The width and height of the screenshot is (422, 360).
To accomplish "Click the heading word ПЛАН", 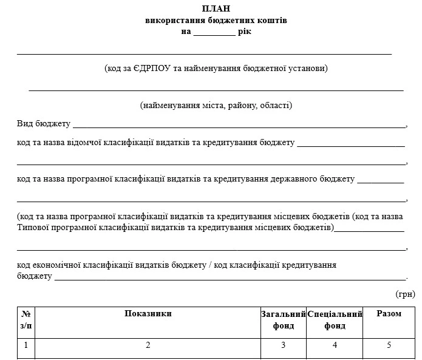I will (x=216, y=8).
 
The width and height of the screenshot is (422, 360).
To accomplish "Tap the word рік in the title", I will (x=245, y=32).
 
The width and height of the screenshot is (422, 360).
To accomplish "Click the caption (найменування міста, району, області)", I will (x=216, y=106).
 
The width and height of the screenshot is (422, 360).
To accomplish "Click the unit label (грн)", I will (x=405, y=294).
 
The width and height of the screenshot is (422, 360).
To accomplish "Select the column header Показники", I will (x=148, y=314).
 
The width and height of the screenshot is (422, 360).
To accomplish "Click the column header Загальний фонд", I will (x=283, y=320).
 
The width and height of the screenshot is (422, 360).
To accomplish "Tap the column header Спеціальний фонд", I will (x=335, y=320).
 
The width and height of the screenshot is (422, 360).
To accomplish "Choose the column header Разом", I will (x=389, y=314).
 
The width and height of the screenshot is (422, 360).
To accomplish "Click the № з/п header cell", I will (x=26, y=320).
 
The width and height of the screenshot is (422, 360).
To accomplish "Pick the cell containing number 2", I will (x=148, y=346).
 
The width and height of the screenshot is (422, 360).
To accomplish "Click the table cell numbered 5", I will (x=389, y=346).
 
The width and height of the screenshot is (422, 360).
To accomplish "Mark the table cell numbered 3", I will (x=283, y=346).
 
